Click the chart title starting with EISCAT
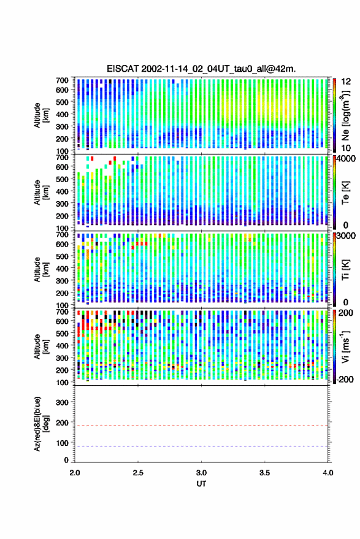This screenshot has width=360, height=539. click(201, 69)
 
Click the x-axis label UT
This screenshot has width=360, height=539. click(201, 484)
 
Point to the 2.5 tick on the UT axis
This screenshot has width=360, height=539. click(138, 473)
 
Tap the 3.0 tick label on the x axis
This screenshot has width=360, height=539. click(201, 473)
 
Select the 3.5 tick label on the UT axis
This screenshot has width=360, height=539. click(264, 473)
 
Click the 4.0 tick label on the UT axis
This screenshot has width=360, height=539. click(328, 473)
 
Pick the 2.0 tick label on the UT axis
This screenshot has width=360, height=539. click(75, 473)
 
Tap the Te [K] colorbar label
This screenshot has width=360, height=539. click(345, 193)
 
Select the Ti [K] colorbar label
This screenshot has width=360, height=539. click(345, 270)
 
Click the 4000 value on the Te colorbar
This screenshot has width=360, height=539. click(345, 159)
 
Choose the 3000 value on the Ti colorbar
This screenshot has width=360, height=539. click(345, 236)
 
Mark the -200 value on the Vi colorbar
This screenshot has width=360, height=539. click(344, 379)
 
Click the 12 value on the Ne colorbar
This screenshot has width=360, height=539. click(346, 82)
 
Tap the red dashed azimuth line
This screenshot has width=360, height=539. click(201, 426)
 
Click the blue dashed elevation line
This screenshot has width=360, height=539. click(201, 446)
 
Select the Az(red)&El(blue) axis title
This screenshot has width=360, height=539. click(40, 424)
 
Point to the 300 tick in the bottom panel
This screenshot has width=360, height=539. click(62, 402)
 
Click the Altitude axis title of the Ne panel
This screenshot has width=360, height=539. click(40, 115)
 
